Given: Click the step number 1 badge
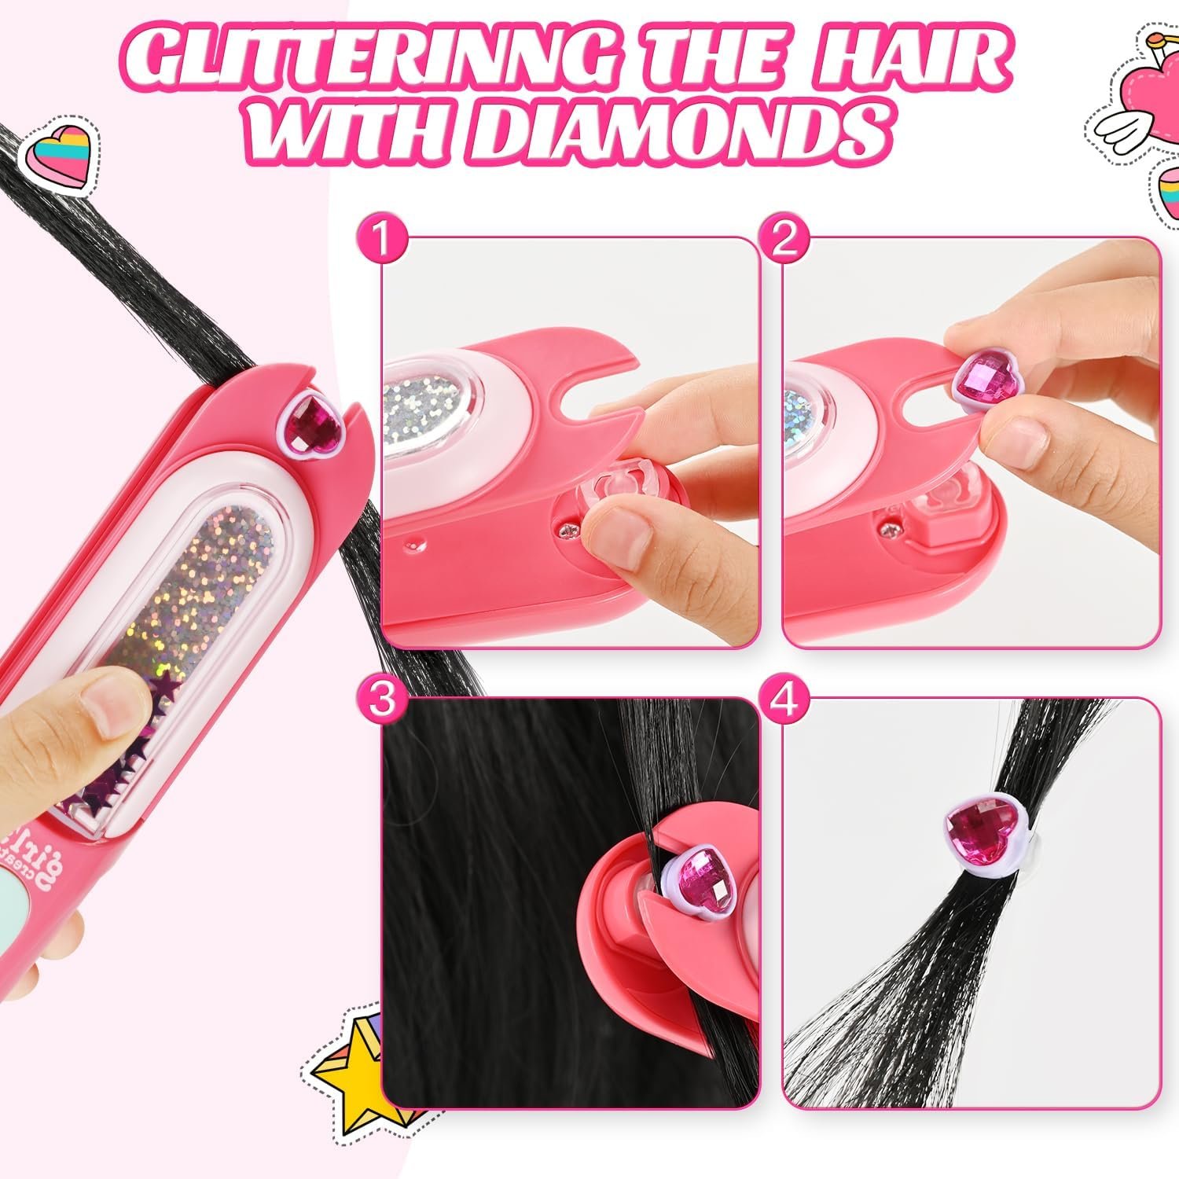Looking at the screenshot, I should click(x=382, y=241).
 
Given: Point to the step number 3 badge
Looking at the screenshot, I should click(x=382, y=701).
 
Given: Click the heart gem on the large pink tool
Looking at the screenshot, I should click(x=314, y=424).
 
